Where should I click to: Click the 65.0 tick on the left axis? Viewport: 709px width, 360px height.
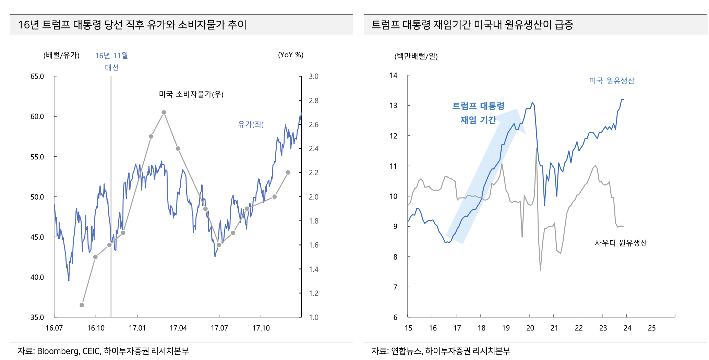click(37, 76)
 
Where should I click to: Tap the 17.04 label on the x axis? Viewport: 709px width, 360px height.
click(178, 328)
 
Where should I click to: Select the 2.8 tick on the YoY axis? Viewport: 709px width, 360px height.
click(313, 101)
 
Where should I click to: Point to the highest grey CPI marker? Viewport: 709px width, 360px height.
click(164, 112)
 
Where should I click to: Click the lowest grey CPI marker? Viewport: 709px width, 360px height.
click(82, 305)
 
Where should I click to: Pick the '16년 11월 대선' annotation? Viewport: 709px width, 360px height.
click(111, 61)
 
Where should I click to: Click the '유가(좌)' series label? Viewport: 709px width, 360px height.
click(251, 124)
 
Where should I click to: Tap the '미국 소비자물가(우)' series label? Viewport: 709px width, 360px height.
click(191, 94)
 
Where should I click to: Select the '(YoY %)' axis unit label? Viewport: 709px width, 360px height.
click(290, 55)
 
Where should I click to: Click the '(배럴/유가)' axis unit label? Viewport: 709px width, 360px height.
click(61, 55)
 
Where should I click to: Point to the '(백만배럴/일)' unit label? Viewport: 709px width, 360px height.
click(416, 56)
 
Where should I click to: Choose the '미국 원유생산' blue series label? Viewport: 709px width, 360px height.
click(612, 81)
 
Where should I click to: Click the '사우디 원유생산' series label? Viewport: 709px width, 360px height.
click(621, 243)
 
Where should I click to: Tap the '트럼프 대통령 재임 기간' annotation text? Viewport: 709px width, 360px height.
click(478, 113)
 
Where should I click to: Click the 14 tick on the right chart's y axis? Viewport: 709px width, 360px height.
click(394, 75)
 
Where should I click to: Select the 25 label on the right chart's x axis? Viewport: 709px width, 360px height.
click(651, 328)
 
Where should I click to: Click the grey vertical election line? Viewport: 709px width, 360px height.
click(111, 192)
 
